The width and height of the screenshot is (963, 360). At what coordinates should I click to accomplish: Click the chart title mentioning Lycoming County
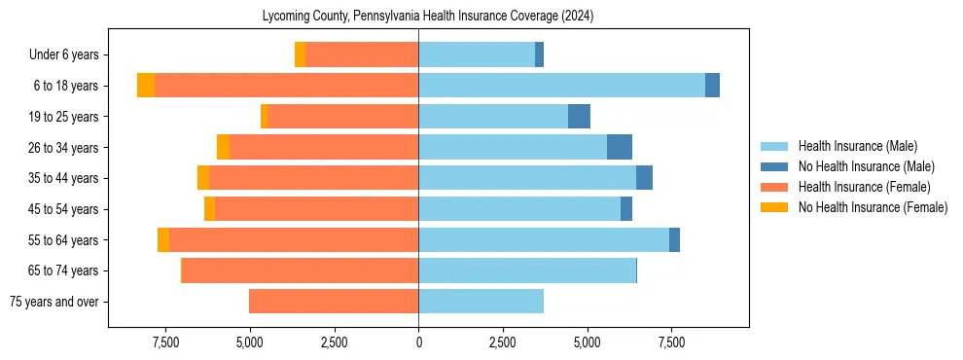pos(428,17)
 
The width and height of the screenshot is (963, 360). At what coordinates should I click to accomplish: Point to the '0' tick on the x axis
pos(418,342)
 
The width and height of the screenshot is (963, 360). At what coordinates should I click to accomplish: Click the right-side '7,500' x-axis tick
pos(671,342)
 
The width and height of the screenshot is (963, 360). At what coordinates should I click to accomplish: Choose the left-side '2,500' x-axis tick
pos(335,342)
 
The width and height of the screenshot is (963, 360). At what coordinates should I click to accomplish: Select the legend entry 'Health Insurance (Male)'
pos(857,146)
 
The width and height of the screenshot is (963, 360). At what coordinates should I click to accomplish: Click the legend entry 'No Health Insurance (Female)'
pos(873,207)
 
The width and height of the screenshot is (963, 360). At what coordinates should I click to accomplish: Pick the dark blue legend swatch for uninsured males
pos(775,166)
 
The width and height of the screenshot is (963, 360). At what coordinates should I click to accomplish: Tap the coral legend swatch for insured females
pos(775,187)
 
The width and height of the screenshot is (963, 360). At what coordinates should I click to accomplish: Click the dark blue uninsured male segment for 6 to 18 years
pos(712,86)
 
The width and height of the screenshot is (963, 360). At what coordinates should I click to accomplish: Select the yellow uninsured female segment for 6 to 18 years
pos(146,86)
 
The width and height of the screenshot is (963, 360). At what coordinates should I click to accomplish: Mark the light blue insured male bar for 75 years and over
pos(481,302)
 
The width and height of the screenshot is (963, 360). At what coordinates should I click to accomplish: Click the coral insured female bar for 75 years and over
pos(334,302)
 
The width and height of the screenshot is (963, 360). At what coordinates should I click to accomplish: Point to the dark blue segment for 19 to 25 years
pos(579,117)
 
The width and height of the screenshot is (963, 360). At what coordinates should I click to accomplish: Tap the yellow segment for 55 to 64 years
pos(163,240)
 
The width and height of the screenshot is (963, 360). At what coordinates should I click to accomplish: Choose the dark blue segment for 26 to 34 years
pos(620,147)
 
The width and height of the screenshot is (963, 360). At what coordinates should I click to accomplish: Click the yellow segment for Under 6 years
pos(300,55)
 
